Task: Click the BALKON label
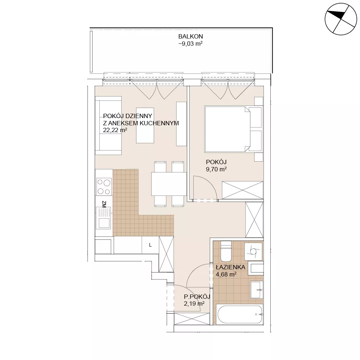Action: tap(190, 36)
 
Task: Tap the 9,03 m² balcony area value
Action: tap(190, 44)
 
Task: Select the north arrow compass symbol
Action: tap(341, 19)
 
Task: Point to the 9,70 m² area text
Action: tap(216, 169)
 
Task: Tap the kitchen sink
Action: tap(103, 218)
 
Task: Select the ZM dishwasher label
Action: tap(104, 204)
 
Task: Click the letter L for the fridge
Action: tap(150, 245)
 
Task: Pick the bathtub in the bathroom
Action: tap(240, 315)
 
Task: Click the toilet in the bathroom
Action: tap(226, 251)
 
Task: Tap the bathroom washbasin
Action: tap(256, 290)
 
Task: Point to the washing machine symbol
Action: tap(253, 251)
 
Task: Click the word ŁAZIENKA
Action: tap(230, 267)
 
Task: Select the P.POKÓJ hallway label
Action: tap(197, 296)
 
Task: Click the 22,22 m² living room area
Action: tap(115, 130)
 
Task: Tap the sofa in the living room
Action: tap(108, 126)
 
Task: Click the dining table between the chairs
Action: tap(169, 184)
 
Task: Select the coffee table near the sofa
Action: tap(145, 125)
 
